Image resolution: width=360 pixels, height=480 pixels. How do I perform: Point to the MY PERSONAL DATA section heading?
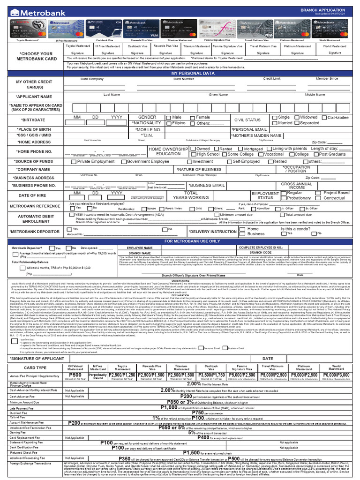tap(192, 74)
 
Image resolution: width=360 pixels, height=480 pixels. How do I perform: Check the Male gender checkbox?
tap(167, 117)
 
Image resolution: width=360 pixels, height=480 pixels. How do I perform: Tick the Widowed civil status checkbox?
tap(297, 117)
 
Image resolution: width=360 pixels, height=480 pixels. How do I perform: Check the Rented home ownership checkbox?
tap(216, 149)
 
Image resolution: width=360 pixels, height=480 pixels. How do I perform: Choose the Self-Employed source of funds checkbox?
tap(230, 161)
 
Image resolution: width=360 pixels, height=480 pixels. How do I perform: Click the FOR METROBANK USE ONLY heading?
tap(192, 241)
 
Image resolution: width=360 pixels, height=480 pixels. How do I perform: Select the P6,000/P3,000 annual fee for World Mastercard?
tap(336, 375)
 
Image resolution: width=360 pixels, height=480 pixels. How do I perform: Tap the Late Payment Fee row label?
tap(23, 408)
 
